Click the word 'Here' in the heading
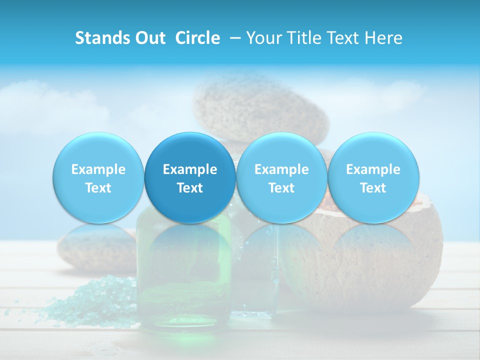[383, 38]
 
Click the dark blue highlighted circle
[190, 177]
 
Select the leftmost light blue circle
[98, 177]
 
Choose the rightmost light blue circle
[373, 177]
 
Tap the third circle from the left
[281, 177]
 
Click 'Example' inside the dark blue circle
[190, 169]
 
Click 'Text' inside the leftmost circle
[98, 188]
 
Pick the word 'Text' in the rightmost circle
[373, 188]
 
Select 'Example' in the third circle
[281, 169]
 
